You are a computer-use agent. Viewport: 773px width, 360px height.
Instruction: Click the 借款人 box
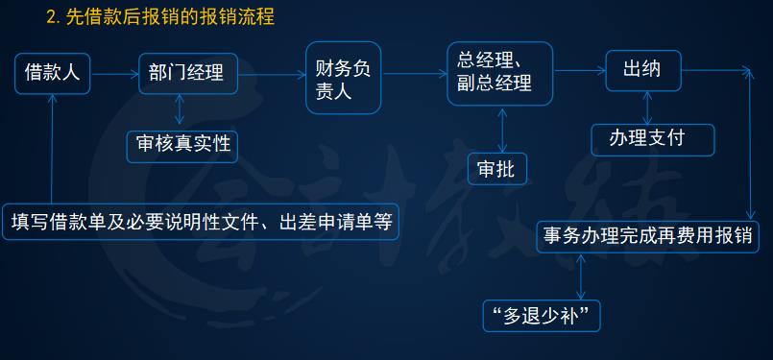tap(52, 72)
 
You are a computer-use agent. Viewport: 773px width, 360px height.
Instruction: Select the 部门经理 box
tap(186, 72)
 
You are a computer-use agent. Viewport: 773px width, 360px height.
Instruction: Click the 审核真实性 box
tap(182, 144)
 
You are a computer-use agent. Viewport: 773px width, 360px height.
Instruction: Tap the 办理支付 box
tap(652, 138)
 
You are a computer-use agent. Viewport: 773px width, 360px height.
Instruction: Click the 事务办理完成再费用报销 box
tap(648, 234)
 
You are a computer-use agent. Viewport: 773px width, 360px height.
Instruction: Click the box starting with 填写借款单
tap(201, 222)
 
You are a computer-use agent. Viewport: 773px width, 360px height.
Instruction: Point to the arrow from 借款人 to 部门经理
tap(115, 72)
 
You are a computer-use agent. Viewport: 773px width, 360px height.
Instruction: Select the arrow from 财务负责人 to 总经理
tap(415, 72)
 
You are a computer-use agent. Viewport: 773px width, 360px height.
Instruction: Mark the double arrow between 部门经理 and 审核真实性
tap(180, 111)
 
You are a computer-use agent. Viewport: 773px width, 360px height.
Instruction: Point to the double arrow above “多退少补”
tap(581, 276)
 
